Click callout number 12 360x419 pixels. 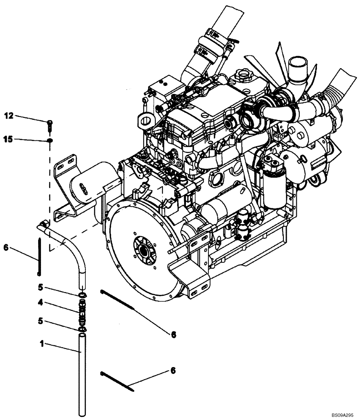coord(9,115)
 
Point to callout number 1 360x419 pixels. coord(41,344)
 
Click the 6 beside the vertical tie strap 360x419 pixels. coord(5,248)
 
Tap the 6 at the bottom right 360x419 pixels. coord(173,371)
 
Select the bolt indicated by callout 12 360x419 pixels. coord(50,124)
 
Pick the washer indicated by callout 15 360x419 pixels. coord(50,140)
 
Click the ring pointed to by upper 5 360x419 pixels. coord(82,296)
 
